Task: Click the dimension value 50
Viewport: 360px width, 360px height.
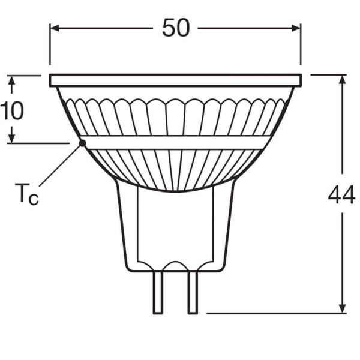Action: point(175,28)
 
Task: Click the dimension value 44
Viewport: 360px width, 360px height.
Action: point(341,195)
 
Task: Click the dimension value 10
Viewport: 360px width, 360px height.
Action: point(12,110)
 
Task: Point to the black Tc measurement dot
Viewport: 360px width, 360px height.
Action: point(82,142)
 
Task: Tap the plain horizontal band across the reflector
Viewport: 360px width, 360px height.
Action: point(175,142)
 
